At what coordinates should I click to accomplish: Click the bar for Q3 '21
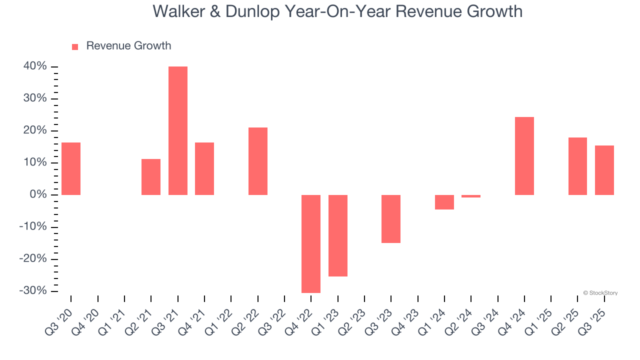(177, 130)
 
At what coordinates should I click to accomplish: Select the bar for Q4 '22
(311, 243)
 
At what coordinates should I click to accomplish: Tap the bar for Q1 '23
(337, 235)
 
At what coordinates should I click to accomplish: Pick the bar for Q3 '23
(391, 218)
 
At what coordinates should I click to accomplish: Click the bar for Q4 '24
(524, 156)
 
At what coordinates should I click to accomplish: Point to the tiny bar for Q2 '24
(471, 196)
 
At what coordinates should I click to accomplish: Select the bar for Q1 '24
(444, 202)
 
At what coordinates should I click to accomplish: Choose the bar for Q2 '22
(257, 161)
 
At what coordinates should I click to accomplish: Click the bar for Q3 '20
(71, 168)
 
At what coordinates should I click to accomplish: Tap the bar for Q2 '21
(151, 176)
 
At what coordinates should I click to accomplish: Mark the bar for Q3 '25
(604, 170)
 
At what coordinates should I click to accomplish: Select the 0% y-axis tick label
(37, 194)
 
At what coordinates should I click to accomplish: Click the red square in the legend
(75, 47)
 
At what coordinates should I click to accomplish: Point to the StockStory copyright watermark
(600, 293)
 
